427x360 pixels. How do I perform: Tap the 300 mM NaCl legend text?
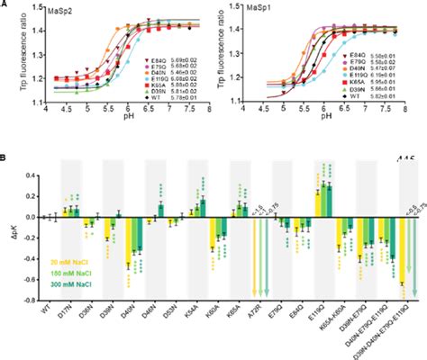pyautogui.click(x=49, y=290)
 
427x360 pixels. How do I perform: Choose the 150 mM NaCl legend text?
pyautogui.click(x=49, y=275)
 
